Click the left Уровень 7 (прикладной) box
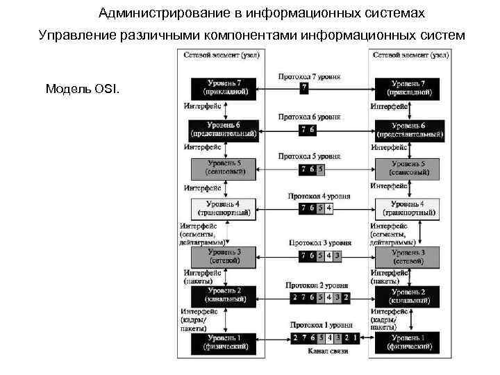coord(223,87)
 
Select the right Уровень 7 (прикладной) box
coord(408,87)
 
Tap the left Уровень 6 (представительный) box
coord(223,128)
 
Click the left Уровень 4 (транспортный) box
coord(223,208)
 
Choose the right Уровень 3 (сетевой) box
coord(408,256)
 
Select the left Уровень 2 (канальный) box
coord(223,295)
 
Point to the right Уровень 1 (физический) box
coord(408,341)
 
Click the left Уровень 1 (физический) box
coord(223,341)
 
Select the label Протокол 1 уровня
coord(321,324)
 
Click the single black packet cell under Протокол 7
coord(304,87)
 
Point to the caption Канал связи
coord(325,351)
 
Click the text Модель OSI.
coord(83,90)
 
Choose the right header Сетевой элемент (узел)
coord(410,55)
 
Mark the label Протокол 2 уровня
coord(319,285)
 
